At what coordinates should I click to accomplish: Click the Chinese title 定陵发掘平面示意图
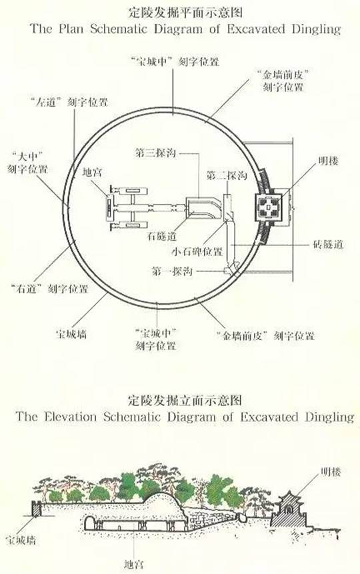click(185, 13)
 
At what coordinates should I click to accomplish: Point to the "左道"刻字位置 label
click(69, 102)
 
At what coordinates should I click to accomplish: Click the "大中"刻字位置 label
click(28, 163)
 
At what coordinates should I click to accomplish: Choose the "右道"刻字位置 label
click(50, 289)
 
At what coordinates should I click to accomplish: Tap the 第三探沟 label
click(155, 153)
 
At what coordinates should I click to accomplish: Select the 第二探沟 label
click(227, 175)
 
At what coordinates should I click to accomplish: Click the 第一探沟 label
click(172, 271)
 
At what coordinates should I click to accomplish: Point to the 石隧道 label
click(162, 236)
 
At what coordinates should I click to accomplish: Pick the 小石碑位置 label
click(197, 252)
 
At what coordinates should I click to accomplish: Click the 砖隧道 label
click(329, 244)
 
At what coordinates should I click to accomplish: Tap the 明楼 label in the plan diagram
click(328, 161)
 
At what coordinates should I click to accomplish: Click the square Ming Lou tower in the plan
click(269, 208)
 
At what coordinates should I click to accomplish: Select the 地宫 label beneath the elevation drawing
click(133, 564)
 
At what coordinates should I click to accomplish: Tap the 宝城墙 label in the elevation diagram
click(21, 540)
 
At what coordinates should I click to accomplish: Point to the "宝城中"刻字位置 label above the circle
click(175, 61)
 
